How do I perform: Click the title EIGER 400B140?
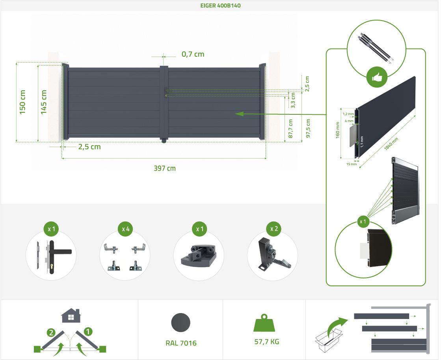221,6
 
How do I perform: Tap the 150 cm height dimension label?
22,102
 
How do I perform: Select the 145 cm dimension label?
44,102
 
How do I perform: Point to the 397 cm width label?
164,168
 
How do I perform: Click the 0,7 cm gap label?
193,54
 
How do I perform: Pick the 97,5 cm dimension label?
308,129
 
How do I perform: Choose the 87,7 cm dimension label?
290,129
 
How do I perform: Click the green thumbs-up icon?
377,78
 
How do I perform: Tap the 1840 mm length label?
391,144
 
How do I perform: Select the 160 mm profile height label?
337,130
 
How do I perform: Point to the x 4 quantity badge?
125,229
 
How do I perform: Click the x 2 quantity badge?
274,229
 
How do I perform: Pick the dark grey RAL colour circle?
180,323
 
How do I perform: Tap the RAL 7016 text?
181,343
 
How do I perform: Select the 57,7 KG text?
267,342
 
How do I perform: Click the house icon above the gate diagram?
71,315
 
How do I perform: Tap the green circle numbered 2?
51,333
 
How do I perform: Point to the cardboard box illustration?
328,341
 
